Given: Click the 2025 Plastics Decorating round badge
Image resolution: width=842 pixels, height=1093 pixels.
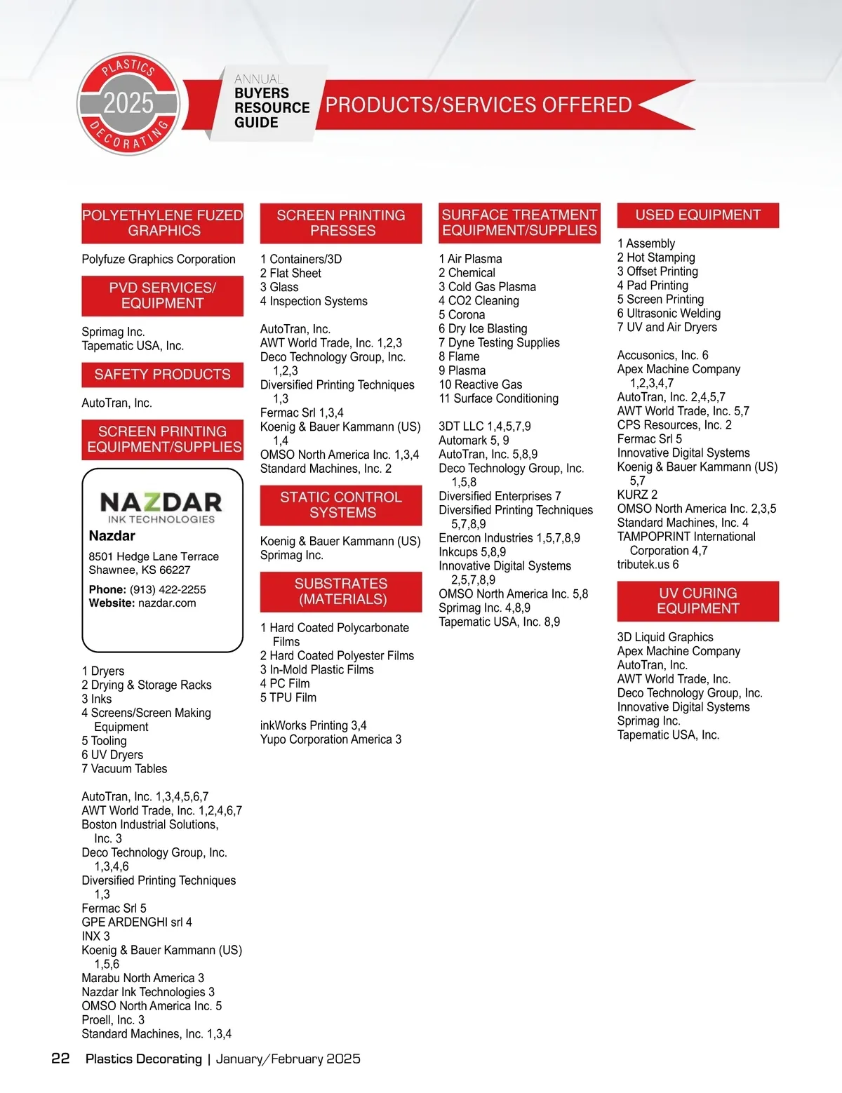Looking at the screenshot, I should click(129, 104).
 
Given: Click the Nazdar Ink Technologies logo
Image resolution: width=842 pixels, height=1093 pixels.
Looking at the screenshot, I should click(161, 507).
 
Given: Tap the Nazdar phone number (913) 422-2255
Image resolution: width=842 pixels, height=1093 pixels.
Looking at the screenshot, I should click(168, 589).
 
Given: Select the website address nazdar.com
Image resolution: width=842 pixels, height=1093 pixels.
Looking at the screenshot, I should click(167, 603).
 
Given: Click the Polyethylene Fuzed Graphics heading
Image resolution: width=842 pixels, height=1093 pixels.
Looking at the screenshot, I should click(163, 223).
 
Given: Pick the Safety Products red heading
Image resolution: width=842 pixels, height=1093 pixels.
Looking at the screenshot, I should click(163, 375).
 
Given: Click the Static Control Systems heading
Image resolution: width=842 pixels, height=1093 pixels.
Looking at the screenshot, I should click(341, 505).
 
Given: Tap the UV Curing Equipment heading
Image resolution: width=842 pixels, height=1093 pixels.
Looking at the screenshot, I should click(698, 601).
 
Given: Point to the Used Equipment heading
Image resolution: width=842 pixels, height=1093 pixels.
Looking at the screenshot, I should click(698, 215).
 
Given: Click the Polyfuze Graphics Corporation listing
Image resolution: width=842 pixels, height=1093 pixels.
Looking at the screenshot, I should click(159, 260).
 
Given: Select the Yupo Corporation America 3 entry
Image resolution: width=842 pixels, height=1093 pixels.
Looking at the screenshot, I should click(330, 739).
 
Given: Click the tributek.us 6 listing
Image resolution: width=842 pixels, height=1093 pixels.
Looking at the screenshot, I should click(648, 565).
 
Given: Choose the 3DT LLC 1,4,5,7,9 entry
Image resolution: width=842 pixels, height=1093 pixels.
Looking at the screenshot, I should click(485, 427).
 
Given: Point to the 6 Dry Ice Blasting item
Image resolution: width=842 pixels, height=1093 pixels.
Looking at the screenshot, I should click(483, 328).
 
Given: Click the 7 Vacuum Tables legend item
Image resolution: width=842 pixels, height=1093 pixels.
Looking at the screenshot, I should click(124, 769).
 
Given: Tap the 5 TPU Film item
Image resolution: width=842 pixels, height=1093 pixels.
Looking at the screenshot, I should click(288, 697).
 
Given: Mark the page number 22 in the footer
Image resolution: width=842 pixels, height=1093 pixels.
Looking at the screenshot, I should click(60, 1059).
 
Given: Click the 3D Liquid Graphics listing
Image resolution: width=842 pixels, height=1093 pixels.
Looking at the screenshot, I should click(665, 637).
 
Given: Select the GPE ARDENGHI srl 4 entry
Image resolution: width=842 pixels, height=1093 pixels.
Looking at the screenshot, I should click(137, 922).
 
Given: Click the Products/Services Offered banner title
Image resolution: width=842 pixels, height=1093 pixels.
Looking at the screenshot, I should click(479, 105).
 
